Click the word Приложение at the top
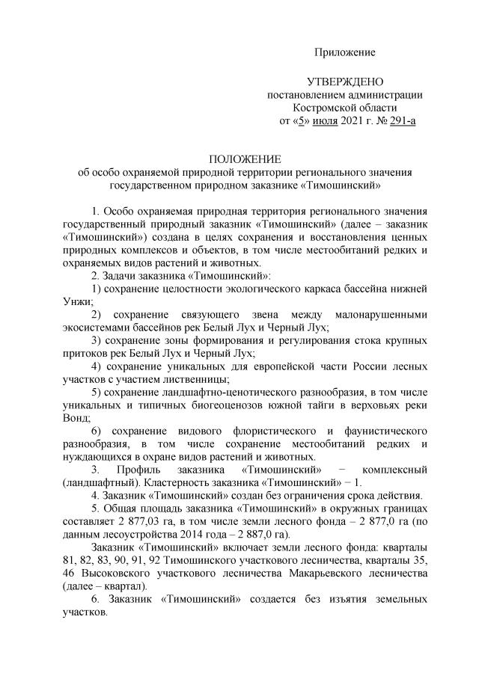[x=344, y=52]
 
